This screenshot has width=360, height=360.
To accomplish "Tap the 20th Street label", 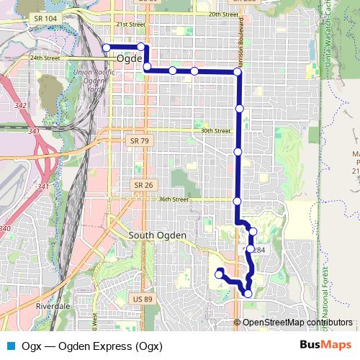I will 223,14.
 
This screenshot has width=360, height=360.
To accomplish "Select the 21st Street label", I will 130,24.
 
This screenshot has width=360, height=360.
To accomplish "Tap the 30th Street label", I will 216,131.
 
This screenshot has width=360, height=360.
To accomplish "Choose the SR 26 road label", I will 143,185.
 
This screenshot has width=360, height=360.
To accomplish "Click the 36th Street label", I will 174,199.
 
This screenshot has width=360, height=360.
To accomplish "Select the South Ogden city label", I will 157,235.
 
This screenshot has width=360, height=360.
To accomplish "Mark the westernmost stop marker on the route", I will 107,48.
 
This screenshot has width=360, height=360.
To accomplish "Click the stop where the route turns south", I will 238,72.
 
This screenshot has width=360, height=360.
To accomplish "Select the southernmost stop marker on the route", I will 248,293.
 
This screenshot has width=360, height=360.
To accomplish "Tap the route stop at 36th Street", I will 237,200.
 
